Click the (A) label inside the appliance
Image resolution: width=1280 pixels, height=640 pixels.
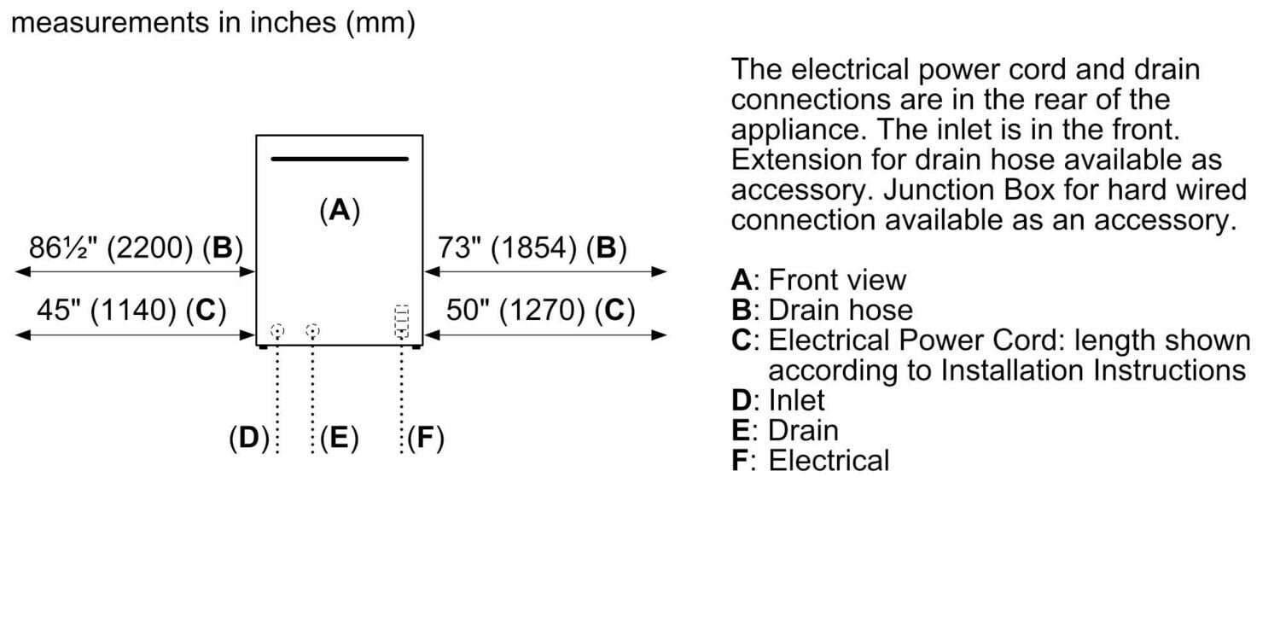(340, 210)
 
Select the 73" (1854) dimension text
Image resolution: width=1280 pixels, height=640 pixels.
(532, 248)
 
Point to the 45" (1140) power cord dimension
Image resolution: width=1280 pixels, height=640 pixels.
(131, 311)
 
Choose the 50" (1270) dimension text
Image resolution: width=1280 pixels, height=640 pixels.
(540, 311)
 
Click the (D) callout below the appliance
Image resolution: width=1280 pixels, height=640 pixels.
(248, 439)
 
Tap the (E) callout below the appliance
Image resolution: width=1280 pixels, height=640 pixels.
(339, 439)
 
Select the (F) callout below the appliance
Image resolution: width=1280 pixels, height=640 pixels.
(426, 439)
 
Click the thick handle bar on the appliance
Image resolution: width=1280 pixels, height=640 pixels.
(340, 159)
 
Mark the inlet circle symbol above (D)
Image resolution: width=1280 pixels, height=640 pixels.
(276, 330)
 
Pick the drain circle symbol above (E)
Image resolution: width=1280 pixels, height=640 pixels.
(312, 330)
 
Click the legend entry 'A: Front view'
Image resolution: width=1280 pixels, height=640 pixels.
(818, 280)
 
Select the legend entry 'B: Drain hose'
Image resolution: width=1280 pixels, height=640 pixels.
(822, 310)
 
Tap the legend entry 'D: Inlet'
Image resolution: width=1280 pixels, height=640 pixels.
(778, 399)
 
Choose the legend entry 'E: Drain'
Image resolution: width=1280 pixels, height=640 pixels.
(785, 430)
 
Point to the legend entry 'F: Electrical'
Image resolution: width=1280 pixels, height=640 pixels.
(810, 461)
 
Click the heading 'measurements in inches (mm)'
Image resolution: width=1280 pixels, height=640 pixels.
(212, 23)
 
